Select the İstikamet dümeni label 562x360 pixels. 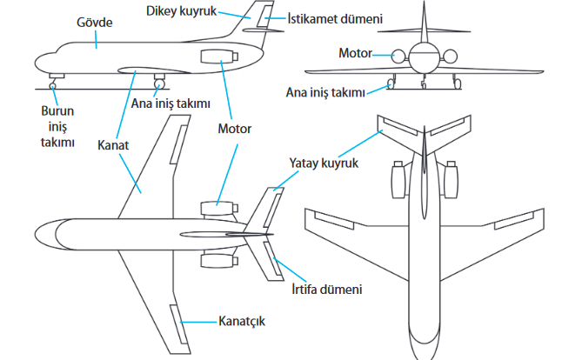(324, 17)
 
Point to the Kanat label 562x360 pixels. (113, 146)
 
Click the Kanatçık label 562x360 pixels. (241, 322)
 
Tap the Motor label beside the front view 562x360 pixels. (354, 53)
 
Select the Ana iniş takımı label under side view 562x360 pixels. (171, 103)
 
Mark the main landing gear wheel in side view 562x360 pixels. (159, 83)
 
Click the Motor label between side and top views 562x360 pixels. (234, 130)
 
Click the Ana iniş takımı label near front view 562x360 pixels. (326, 91)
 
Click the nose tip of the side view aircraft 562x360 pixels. (36, 63)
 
